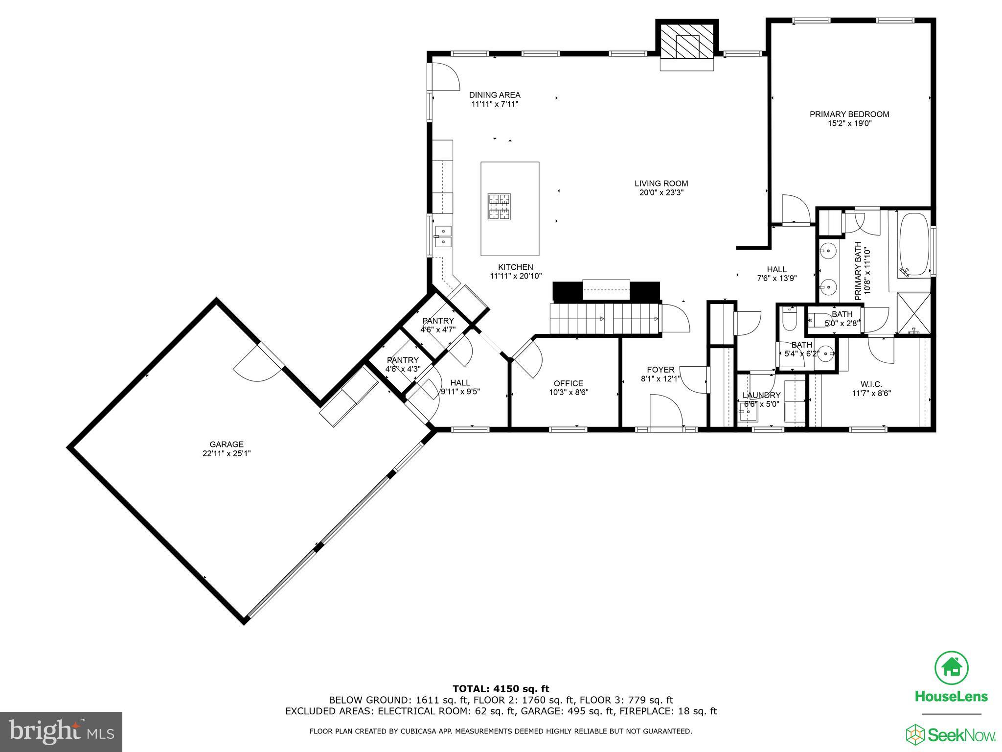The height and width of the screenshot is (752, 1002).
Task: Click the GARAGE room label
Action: [x=227, y=444]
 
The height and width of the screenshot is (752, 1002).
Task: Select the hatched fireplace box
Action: [x=687, y=40]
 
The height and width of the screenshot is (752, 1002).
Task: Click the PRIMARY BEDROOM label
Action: [x=849, y=114]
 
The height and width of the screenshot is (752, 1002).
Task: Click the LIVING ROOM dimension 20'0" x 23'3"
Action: [x=661, y=193]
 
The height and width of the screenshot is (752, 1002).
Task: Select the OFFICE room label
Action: [x=568, y=383]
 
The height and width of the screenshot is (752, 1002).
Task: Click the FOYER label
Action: [x=660, y=370]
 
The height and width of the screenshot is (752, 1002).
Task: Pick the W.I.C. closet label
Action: [x=871, y=384]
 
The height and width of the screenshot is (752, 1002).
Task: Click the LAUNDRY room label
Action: [x=761, y=395]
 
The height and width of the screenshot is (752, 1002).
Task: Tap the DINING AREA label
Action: [x=495, y=95]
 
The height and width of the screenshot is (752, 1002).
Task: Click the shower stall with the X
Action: [x=913, y=313]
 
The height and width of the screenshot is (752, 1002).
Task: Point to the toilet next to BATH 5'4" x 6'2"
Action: [x=789, y=319]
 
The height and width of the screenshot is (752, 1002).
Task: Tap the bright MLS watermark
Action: [x=61, y=732]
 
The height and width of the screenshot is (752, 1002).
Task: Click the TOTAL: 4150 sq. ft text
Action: [x=501, y=689]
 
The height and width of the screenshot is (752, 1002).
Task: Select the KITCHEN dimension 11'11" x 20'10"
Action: [x=516, y=276]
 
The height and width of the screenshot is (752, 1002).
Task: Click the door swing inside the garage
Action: [x=257, y=368]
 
